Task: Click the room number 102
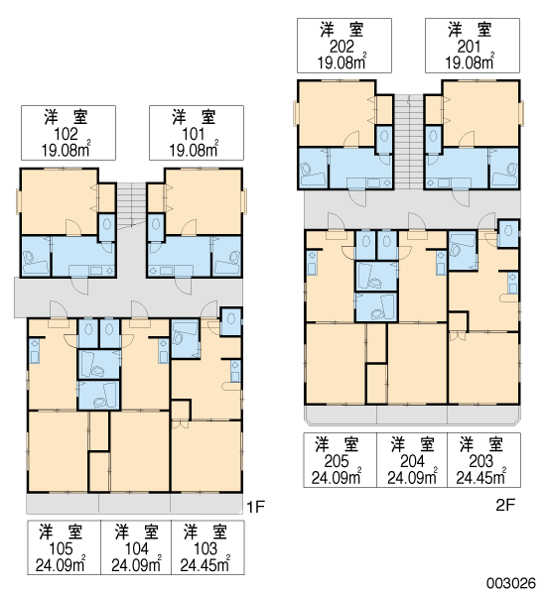pos(67,134)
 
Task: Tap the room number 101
pos(194,134)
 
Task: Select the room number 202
pos(341,47)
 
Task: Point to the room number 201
pos(470,47)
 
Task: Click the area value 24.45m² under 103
pos(205,564)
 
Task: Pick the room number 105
pos(61,548)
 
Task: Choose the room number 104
pos(137,548)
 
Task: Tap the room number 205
pos(337,461)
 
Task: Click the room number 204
pos(413,461)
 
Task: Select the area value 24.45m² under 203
pos(481,477)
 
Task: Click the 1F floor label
pos(256,507)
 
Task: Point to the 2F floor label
pos(505,505)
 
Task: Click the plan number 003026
pos(511,583)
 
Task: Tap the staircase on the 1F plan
pos(131,205)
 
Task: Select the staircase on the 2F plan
pos(409,141)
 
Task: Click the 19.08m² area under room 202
pos(341,61)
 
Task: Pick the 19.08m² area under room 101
pos(194,150)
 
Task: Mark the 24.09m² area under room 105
pos(61,564)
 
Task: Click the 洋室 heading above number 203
pos(481,444)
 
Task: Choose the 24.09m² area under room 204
pos(413,477)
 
